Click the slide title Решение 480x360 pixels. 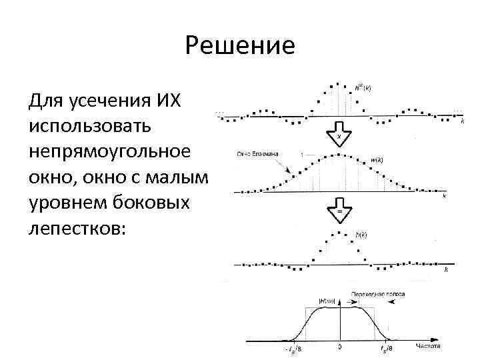(240, 46)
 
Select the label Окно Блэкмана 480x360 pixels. (259, 154)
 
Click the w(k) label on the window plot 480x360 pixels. (377, 160)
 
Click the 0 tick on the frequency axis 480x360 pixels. (340, 347)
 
